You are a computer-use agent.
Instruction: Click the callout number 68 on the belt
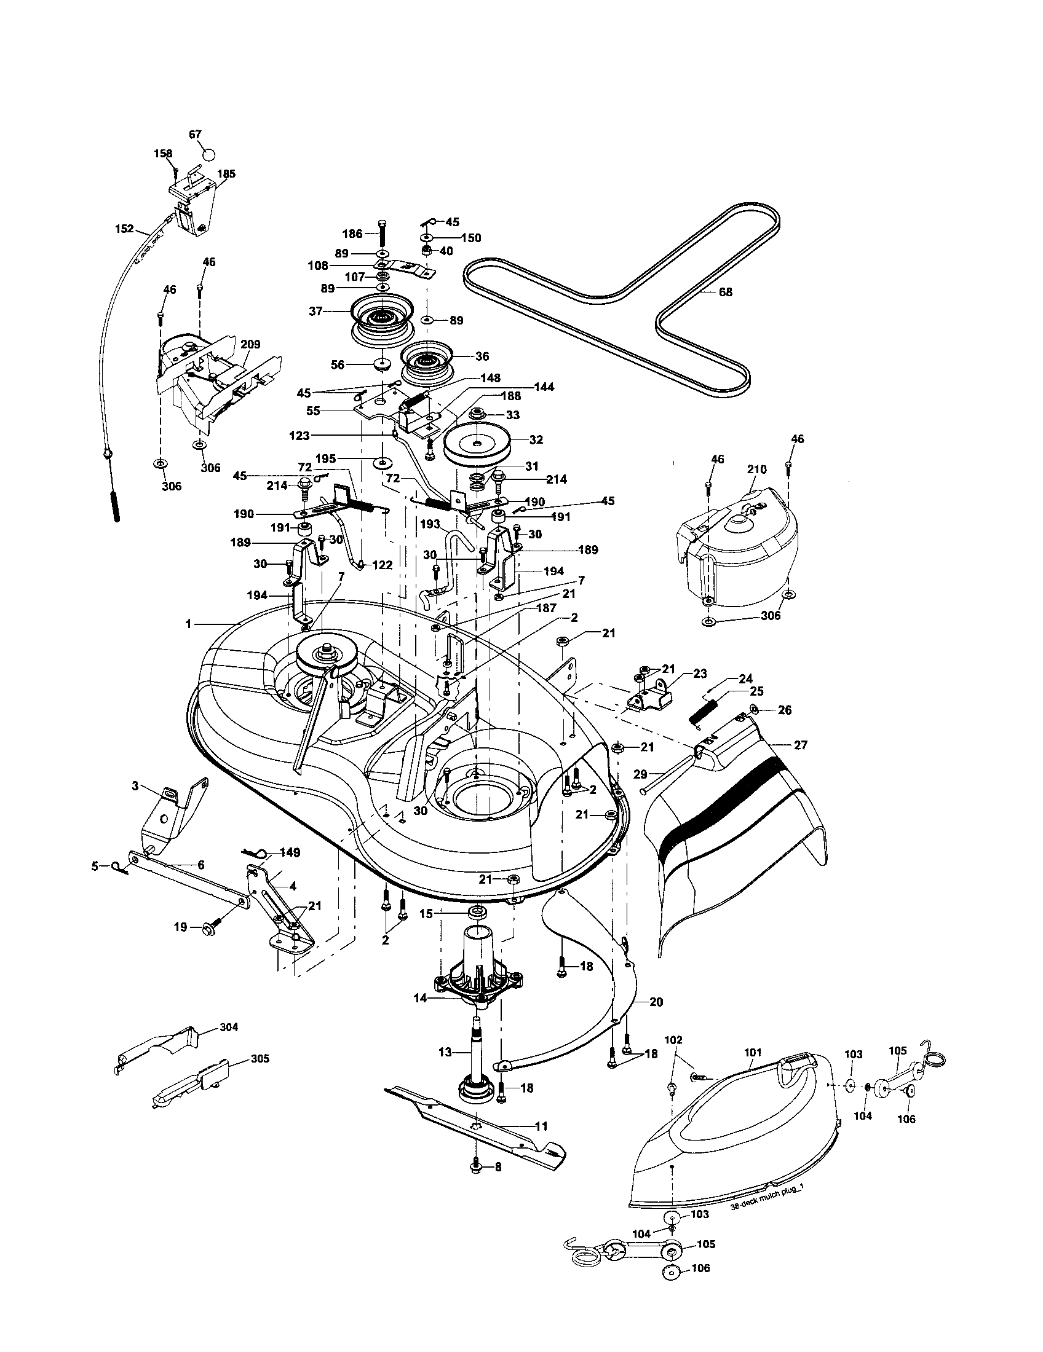pyautogui.click(x=724, y=291)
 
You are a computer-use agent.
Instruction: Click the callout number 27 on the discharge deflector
pyautogui.click(x=800, y=745)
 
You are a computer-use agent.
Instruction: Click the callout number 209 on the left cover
pyautogui.click(x=250, y=345)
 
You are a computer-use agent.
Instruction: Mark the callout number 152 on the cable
pyautogui.click(x=124, y=229)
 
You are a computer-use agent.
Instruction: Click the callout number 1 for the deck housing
pyautogui.click(x=188, y=624)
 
